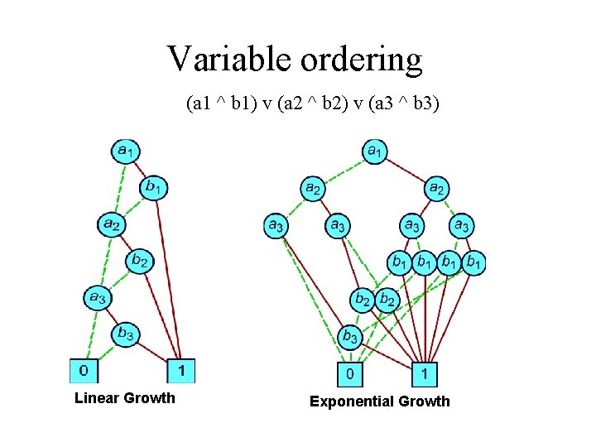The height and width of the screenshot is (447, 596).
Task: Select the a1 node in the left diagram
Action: pyautogui.click(x=126, y=151)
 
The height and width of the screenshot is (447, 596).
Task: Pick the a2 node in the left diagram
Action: pyautogui.click(x=112, y=223)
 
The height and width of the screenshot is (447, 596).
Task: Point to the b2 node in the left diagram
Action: pyautogui.click(x=140, y=262)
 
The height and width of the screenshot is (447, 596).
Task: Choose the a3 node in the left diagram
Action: pyautogui.click(x=98, y=297)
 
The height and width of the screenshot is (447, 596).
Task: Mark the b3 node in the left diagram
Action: pyautogui.click(x=126, y=334)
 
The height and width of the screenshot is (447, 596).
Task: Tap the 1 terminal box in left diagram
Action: pyautogui.click(x=180, y=369)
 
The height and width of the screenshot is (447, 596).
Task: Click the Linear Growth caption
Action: pyautogui.click(x=125, y=398)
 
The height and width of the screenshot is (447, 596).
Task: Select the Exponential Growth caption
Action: pyautogui.click(x=380, y=401)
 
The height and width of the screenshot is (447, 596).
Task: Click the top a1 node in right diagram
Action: pyautogui.click(x=375, y=151)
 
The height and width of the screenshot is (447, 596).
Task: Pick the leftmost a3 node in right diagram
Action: pyautogui.click(x=276, y=224)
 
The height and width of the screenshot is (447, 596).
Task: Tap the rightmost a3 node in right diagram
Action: pyautogui.click(x=462, y=224)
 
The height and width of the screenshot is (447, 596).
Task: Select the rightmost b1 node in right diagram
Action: pyautogui.click(x=473, y=263)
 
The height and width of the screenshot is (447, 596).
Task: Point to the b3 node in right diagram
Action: pyautogui.click(x=351, y=337)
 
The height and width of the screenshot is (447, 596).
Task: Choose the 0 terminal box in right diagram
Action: pyautogui.click(x=351, y=374)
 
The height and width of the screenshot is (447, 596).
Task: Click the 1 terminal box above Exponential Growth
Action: pyautogui.click(x=424, y=374)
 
